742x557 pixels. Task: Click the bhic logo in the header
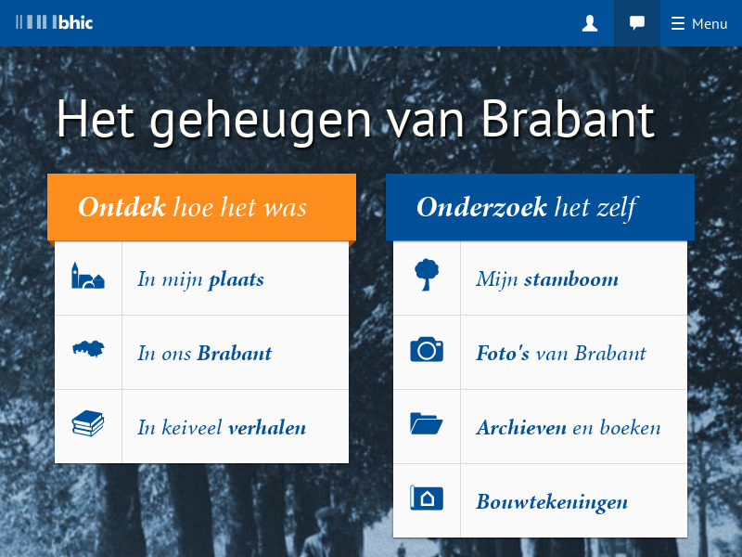pos(55,22)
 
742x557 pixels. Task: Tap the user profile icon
pos(590,23)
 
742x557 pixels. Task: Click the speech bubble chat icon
pos(637,23)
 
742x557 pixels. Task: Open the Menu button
pos(700,23)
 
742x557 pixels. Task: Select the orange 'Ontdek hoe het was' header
pos(201,207)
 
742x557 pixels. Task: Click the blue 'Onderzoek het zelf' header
pos(540,207)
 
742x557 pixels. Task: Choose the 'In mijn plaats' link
pos(200,278)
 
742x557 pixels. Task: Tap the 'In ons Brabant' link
pos(204,353)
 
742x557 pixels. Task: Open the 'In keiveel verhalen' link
pos(221,427)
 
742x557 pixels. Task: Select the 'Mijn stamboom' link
pos(547,278)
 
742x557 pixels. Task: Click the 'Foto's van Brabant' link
pos(560,353)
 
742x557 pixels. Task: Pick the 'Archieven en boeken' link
pos(568,427)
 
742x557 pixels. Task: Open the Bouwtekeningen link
pos(552,502)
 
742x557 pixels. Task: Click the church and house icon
pos(88,277)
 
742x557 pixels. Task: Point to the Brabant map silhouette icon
pos(88,350)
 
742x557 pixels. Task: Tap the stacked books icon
pos(88,424)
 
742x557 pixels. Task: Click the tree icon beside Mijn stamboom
pos(427,275)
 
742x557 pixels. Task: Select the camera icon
pos(427,350)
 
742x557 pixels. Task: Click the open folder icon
pos(427,424)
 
